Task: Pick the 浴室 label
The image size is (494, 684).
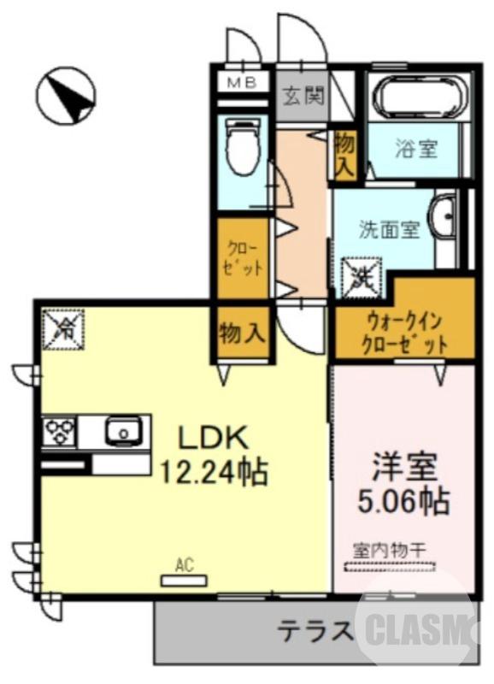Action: [416, 149]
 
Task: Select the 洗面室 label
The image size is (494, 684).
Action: [388, 229]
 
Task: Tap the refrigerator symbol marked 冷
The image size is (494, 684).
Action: [64, 327]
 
